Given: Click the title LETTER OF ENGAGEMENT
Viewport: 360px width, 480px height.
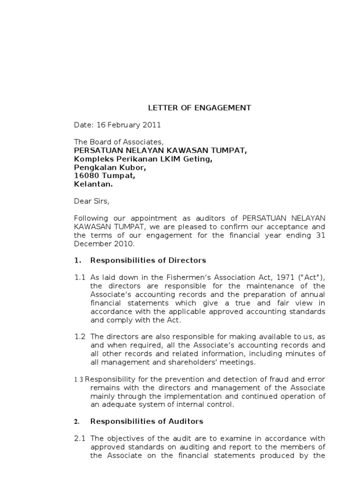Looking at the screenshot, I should [200, 108].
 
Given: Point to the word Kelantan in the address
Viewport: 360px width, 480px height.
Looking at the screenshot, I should [93, 184].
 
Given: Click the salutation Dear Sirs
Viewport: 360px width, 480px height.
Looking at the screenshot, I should [91, 201].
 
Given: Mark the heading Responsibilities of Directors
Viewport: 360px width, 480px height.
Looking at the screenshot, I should [148, 260].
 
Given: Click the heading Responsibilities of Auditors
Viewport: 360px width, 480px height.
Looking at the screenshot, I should [147, 421].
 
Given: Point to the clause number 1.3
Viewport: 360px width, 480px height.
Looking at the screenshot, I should [78, 379].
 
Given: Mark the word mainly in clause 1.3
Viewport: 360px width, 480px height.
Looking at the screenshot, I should [102, 396].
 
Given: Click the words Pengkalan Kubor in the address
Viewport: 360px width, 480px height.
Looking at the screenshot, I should [110, 167].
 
